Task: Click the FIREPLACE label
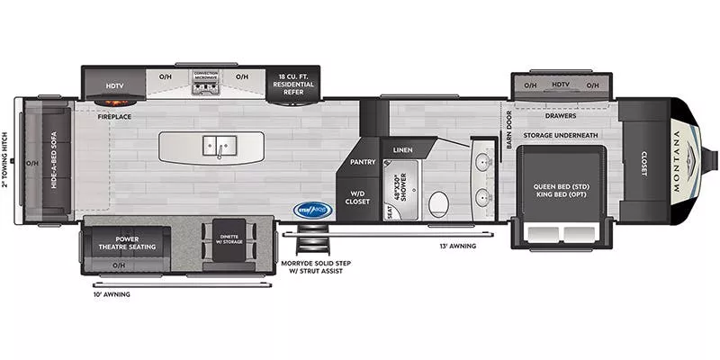[x=116, y=116]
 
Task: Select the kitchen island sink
[x=212, y=146]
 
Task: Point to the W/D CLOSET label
[x=358, y=197]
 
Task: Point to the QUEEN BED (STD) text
[x=561, y=187]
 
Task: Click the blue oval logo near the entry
[x=314, y=211]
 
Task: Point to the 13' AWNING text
[x=457, y=246]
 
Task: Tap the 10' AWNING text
[x=111, y=294]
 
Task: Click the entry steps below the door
[x=314, y=241]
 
